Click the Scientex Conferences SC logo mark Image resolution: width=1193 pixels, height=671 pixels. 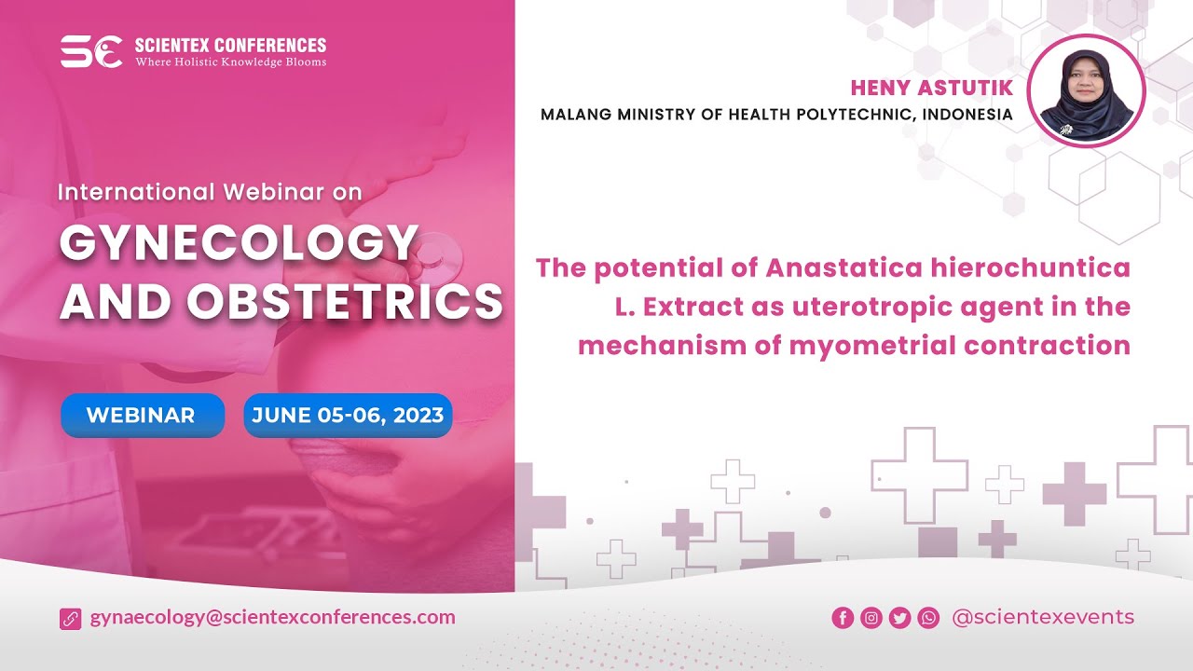point(91,51)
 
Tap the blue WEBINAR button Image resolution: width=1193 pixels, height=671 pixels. point(142,416)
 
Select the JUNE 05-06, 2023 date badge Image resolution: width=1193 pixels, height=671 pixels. point(348,416)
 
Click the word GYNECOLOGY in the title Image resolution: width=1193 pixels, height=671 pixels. point(239,244)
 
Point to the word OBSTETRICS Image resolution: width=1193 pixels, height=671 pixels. point(345,301)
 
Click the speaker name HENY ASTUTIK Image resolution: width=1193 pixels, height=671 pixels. point(931,88)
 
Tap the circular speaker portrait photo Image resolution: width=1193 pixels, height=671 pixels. point(1086,90)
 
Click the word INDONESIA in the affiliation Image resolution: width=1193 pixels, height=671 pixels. point(967,115)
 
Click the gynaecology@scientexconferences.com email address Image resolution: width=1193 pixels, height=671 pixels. point(272,617)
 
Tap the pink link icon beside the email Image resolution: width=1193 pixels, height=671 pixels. point(71,618)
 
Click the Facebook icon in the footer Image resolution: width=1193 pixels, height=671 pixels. point(843,618)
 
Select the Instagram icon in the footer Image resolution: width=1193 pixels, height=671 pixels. point(871,618)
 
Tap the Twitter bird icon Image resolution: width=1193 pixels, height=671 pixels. point(899,618)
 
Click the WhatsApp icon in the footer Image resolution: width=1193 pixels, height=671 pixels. point(928,618)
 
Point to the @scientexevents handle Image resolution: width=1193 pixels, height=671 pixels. point(1043,617)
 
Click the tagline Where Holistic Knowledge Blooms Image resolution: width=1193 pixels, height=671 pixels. point(231,62)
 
